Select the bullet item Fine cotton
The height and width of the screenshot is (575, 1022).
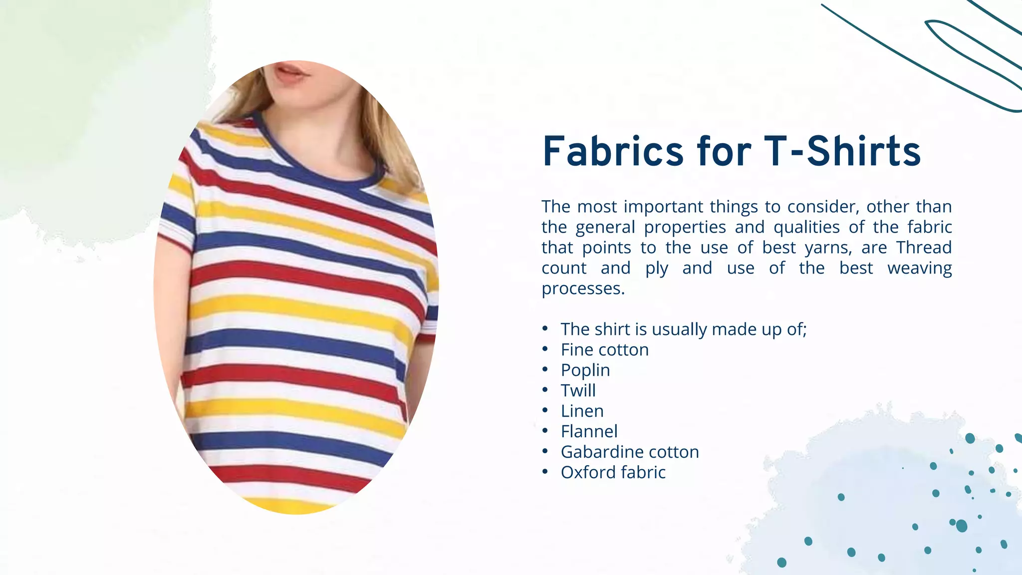click(604, 350)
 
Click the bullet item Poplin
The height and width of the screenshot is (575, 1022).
click(585, 370)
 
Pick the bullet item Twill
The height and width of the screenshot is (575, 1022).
click(578, 391)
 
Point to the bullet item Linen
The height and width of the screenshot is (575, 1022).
click(582, 411)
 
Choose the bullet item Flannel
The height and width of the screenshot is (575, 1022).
click(589, 432)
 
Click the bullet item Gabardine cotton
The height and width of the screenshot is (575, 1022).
click(630, 452)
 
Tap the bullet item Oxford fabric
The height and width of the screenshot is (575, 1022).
click(613, 473)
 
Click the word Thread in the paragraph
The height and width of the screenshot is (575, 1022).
click(924, 248)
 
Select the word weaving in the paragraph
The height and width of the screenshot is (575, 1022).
click(919, 268)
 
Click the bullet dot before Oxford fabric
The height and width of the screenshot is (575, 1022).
click(545, 472)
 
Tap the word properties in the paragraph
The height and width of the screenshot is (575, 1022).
click(685, 228)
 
